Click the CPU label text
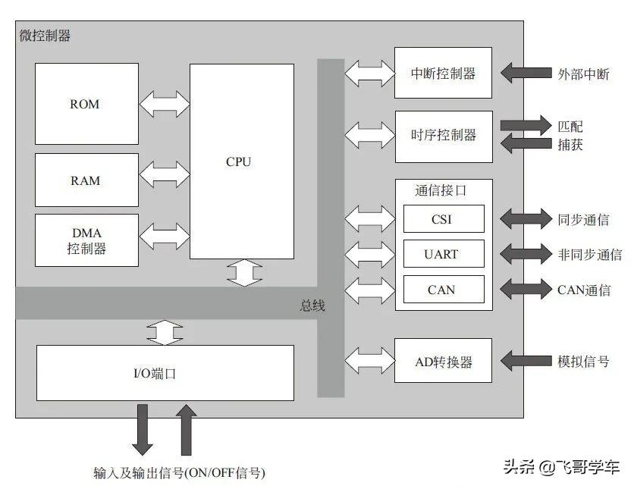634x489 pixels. point(238,161)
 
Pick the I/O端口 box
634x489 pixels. point(165,373)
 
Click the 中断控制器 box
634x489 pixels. point(443,74)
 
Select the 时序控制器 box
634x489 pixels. point(443,136)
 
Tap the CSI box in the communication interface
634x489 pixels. point(443,220)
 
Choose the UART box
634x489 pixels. point(443,254)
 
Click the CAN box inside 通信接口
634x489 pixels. point(443,290)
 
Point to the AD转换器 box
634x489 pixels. point(443,362)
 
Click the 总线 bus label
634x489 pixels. point(312,306)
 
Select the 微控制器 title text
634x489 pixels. point(46,36)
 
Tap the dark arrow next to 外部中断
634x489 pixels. point(527,74)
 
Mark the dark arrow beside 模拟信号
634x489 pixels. point(527,362)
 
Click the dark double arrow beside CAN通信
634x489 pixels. point(527,290)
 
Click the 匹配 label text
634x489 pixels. point(570,126)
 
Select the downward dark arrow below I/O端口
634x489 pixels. point(142,428)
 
